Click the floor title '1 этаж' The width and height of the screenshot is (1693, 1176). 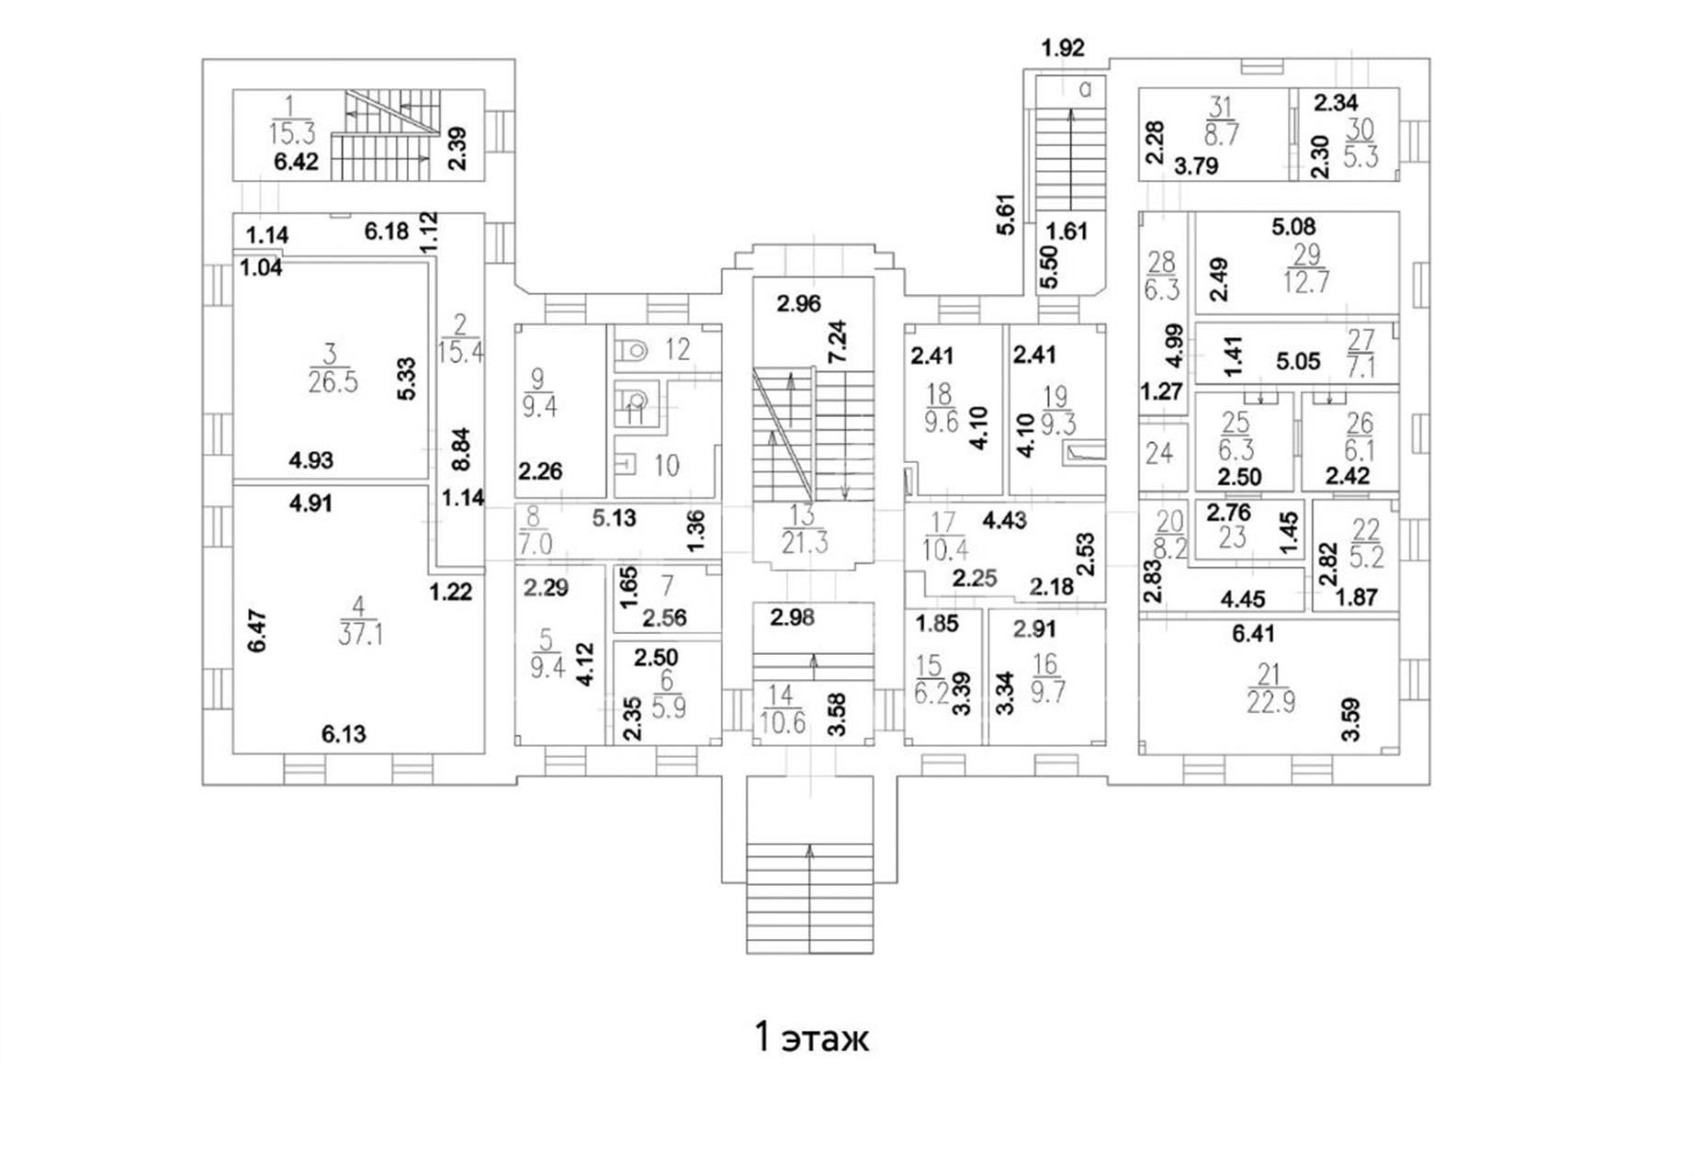point(810,1038)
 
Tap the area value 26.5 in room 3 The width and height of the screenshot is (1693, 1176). point(333,382)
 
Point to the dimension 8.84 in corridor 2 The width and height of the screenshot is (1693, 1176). point(460,449)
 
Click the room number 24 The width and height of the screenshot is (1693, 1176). point(1159,454)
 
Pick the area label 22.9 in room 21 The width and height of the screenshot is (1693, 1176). point(1270,702)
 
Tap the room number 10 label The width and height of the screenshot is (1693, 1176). point(666,465)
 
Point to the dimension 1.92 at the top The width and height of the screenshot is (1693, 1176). point(1063,48)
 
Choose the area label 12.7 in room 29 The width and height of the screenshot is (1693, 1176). point(1306,280)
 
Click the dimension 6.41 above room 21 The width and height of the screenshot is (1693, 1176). point(1253,633)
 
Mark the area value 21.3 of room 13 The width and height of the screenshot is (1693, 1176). point(805,543)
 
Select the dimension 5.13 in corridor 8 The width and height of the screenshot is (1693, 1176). point(614,518)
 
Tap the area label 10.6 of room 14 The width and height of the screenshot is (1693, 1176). point(784,722)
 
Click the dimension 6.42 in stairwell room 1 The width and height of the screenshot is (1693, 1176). point(295,162)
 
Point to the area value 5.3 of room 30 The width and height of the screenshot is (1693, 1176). point(1360,156)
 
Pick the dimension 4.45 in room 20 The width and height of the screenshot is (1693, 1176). point(1243,599)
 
